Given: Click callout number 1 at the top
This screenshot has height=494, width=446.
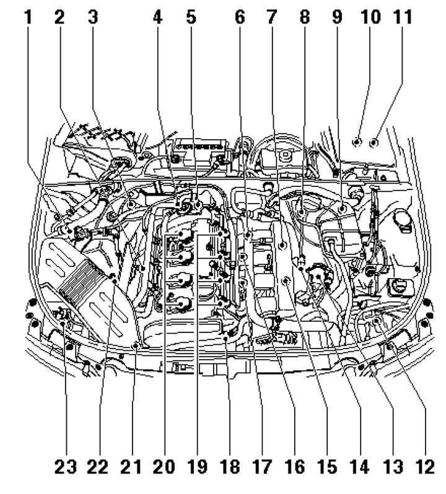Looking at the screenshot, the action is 28,17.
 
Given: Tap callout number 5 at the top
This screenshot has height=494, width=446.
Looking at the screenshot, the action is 191,17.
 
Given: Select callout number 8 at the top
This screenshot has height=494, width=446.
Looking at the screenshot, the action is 305,17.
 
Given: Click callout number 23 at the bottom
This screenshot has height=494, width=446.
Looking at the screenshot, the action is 66,467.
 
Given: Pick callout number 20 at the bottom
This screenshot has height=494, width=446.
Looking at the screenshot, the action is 164,467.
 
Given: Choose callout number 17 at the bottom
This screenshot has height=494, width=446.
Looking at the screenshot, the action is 262,467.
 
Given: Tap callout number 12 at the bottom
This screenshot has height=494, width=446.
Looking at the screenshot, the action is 425,467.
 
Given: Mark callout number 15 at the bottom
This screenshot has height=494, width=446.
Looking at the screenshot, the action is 327,467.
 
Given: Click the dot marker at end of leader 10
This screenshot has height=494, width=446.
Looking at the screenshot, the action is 356,142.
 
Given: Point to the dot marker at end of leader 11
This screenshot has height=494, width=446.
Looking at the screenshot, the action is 374,143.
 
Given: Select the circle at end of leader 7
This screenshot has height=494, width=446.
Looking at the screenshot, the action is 282,244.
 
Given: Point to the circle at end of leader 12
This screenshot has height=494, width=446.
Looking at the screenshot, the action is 377,321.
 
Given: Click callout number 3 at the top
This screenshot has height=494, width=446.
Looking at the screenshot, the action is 93,17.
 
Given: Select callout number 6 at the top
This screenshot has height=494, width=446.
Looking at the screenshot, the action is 240,17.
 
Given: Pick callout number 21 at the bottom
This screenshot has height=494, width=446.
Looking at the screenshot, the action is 131,467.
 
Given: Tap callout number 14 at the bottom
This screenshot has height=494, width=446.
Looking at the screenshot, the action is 360,467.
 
